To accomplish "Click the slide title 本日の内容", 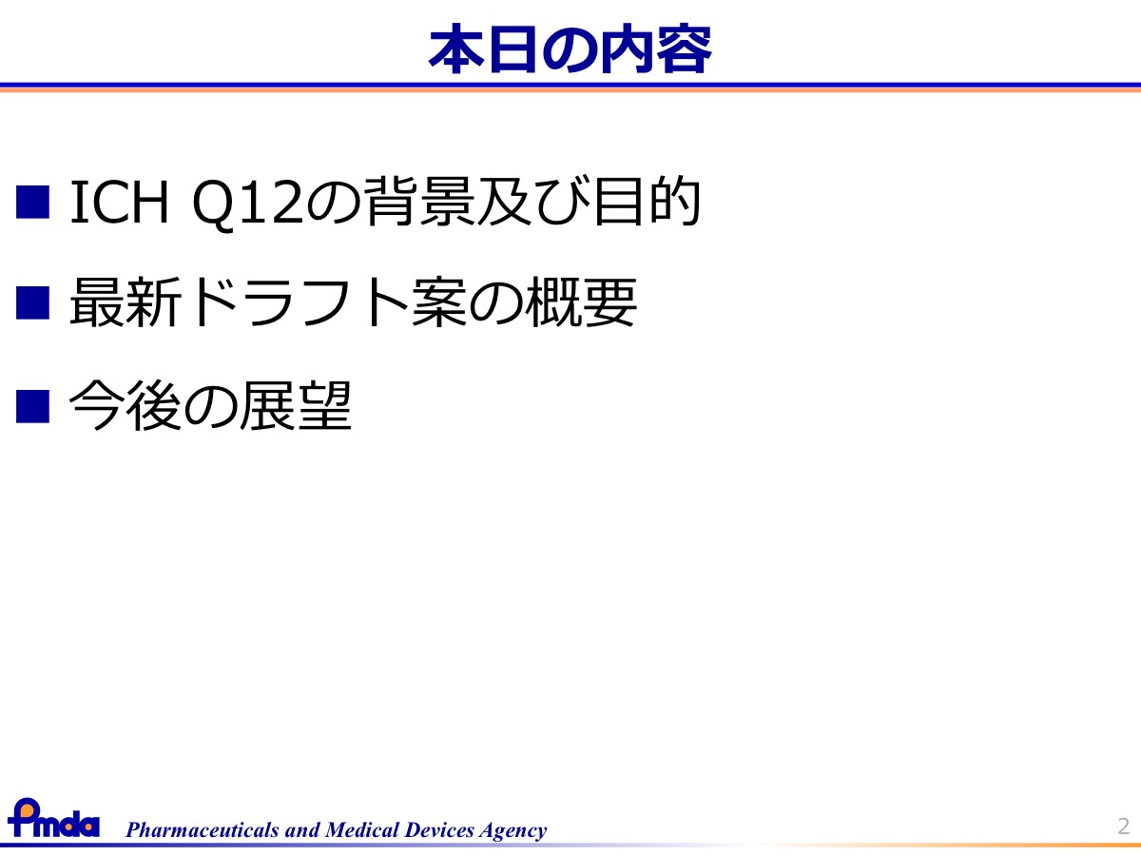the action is [570, 48].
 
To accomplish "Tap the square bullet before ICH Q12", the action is [32, 202].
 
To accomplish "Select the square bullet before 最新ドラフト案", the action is [32, 302].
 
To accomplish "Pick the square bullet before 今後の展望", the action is [32, 406].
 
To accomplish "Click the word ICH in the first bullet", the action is [120, 202].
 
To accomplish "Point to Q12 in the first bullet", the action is [247, 204].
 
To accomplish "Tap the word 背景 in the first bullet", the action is [419, 202].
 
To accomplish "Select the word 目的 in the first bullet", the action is [647, 202].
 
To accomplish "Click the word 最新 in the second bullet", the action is [126, 302].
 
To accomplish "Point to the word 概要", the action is [581, 302].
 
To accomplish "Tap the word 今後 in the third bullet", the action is [125, 405].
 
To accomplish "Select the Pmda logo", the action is [53, 818].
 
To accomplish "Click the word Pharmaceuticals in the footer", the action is [203, 830].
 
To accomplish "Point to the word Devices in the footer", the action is [440, 829].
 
